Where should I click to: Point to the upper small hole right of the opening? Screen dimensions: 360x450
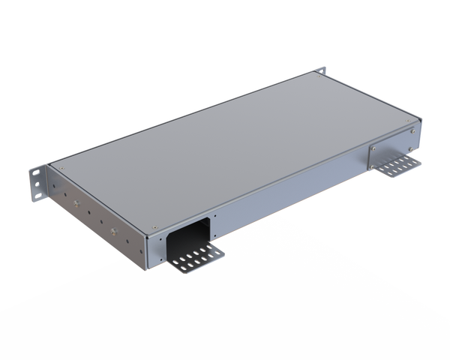pyautogui.click(x=214, y=218)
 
